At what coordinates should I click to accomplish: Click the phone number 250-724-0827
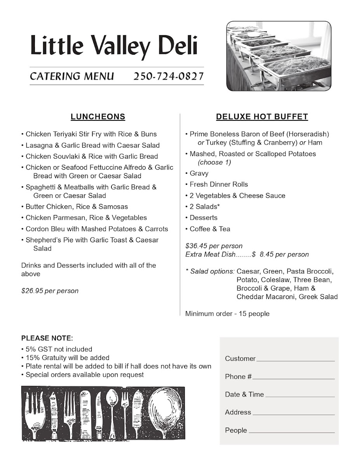[x=169, y=76]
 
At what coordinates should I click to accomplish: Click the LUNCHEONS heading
[x=98, y=117]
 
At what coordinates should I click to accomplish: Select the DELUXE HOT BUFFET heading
[x=262, y=117]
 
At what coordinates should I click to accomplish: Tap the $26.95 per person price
[x=50, y=291]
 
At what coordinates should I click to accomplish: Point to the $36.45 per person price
[x=214, y=246]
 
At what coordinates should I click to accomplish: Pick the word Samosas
[x=113, y=207]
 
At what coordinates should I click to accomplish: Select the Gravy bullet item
[x=199, y=173]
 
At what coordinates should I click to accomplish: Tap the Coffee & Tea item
[x=210, y=229]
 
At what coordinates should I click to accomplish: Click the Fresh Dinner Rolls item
[x=219, y=184]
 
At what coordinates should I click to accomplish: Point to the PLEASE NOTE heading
[x=47, y=338]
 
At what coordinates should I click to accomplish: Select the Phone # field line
[x=294, y=378]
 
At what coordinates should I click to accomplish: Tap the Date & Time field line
[x=299, y=396]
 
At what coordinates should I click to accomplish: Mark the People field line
[x=291, y=431]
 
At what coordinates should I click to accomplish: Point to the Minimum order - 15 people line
[x=227, y=314]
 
